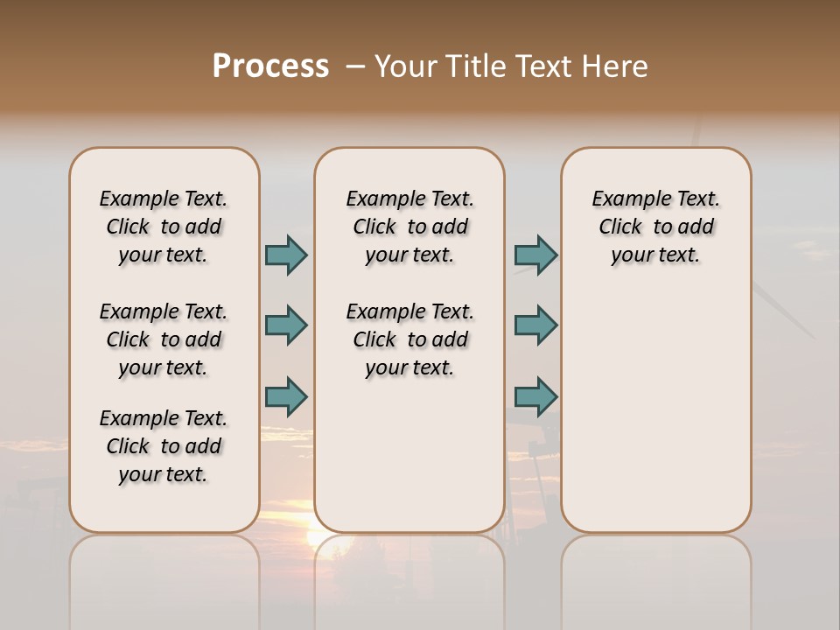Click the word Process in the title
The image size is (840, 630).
270,66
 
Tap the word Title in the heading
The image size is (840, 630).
472,66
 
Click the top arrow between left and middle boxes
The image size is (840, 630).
286,255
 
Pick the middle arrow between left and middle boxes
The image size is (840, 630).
286,325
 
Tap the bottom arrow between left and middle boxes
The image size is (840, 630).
286,396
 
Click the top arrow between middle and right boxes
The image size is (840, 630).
535,255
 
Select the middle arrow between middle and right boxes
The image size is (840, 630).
535,325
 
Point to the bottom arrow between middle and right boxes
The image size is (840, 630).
535,396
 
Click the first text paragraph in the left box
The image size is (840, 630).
164,227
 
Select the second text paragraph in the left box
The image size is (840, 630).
164,339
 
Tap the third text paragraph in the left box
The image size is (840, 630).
164,446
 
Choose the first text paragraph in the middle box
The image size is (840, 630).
410,227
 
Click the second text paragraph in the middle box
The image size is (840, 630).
410,339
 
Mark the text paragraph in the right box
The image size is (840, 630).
656,227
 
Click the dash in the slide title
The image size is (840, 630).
354,66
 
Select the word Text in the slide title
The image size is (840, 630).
544,66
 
